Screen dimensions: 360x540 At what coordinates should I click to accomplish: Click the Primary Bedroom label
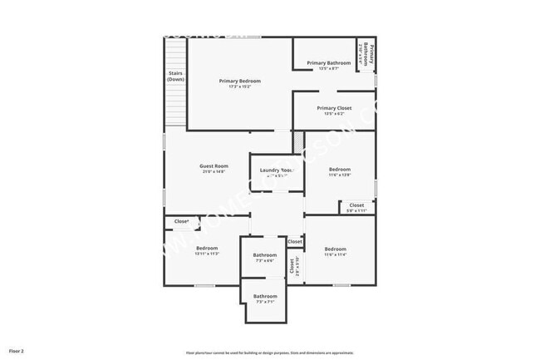click(240, 81)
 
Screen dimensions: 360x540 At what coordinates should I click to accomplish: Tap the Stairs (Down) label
click(175, 76)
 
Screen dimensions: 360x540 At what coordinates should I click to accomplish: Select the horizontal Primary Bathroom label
click(328, 63)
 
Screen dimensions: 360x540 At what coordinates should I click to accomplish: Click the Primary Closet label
click(334, 108)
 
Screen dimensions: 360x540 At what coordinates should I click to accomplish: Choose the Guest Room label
click(214, 166)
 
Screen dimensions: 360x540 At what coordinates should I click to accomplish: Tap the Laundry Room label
click(277, 170)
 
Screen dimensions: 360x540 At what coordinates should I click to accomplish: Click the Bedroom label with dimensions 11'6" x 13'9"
click(340, 170)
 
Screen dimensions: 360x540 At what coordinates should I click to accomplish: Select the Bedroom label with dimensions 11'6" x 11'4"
click(336, 249)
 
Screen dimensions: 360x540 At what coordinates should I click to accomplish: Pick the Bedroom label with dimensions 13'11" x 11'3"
click(207, 249)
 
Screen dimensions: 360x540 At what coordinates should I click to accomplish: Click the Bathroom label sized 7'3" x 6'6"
click(265, 255)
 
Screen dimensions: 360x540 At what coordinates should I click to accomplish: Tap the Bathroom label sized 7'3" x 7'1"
click(265, 297)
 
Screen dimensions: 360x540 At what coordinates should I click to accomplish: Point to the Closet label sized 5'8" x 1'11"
click(356, 205)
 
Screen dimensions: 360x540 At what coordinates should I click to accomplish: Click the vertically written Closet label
click(292, 265)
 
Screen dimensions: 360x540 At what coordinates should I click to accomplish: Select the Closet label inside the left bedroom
click(181, 221)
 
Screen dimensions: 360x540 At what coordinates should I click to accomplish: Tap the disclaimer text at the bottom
click(269, 353)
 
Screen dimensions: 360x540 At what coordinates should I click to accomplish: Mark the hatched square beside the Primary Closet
click(298, 141)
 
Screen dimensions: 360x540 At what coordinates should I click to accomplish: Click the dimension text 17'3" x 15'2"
click(240, 87)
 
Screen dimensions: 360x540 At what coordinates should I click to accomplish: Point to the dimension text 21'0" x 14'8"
click(214, 172)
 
